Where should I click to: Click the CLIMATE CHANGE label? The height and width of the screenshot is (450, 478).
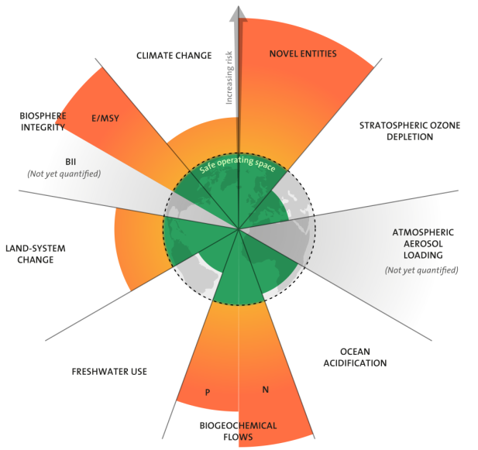pos(174,55)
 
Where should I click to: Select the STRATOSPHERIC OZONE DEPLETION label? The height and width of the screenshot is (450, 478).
pos(396,130)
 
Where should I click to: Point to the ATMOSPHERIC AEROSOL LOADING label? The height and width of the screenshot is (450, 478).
pos(422,243)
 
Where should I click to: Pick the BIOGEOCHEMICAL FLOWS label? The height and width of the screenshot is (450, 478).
pos(238,431)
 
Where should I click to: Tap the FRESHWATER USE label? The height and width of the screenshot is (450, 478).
pos(109,372)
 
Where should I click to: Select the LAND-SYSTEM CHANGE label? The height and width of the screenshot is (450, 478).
pos(36,254)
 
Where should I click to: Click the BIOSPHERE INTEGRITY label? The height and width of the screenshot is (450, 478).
pos(43,122)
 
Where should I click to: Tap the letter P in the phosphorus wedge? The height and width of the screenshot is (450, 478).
pos(207,392)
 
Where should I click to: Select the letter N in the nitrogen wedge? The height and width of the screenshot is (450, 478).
pos(265,389)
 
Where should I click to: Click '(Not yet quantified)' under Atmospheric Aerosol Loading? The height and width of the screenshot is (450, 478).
pos(422,270)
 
